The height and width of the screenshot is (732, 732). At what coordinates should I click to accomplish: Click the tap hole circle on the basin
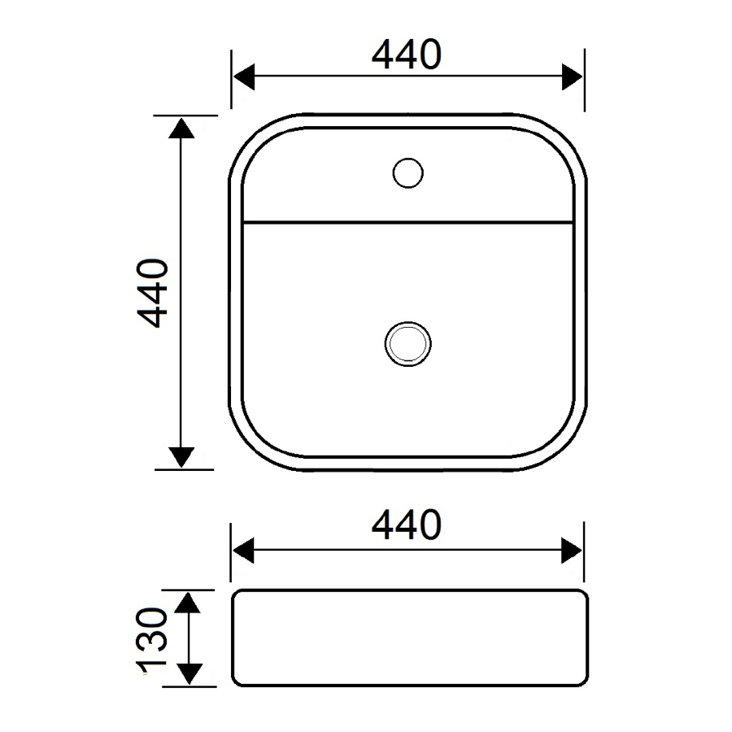[x=407, y=172]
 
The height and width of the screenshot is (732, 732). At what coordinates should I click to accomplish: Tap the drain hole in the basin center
[x=407, y=342]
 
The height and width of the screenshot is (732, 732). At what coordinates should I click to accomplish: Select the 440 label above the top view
[x=407, y=54]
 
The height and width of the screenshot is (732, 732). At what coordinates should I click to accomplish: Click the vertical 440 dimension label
[x=153, y=293]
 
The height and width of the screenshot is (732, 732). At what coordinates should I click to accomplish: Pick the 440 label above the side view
[x=407, y=525]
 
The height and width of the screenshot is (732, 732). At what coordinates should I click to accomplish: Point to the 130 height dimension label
[x=153, y=643]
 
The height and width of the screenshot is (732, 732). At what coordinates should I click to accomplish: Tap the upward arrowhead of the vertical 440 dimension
[x=182, y=127]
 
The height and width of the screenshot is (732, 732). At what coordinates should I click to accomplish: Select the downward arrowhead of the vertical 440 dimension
[x=182, y=458]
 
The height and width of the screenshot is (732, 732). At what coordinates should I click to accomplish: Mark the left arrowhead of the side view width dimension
[x=243, y=550]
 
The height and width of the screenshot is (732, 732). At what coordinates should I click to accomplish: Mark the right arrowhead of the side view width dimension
[x=573, y=550]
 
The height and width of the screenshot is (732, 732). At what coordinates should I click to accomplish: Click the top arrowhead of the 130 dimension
[x=188, y=603]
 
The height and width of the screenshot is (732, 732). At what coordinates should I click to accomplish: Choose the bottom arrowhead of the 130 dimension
[x=188, y=674]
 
